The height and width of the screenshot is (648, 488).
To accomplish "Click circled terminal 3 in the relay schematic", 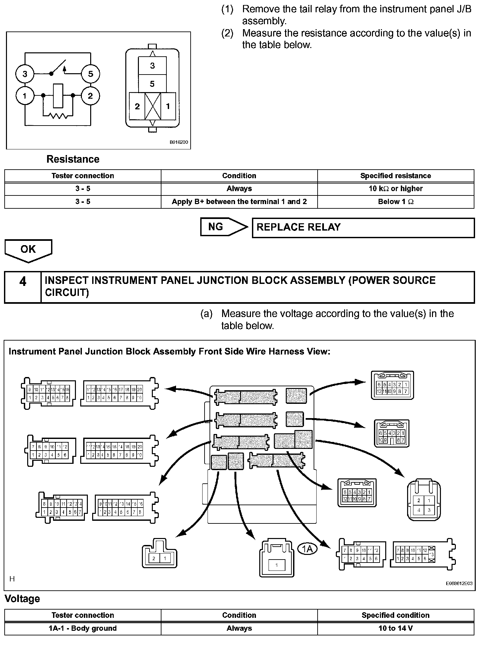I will [25, 74].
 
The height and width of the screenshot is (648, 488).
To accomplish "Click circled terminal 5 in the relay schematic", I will [91, 74].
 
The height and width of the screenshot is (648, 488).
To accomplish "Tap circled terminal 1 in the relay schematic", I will [25, 96].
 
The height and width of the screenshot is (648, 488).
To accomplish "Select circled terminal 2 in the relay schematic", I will [91, 96].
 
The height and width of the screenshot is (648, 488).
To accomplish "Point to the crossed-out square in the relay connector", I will [152, 106].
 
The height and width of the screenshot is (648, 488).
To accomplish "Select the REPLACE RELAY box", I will [363, 228].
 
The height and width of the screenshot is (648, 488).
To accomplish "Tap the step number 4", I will [23, 282].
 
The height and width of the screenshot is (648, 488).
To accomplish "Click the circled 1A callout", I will [307, 549].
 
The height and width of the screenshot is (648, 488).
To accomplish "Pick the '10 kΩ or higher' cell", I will [396, 189].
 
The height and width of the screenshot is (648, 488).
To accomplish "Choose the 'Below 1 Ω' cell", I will [396, 202].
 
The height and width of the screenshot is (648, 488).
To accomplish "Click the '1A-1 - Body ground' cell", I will [83, 628].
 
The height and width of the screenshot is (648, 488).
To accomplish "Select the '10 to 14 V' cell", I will [396, 628].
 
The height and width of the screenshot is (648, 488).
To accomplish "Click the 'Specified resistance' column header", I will [396, 176].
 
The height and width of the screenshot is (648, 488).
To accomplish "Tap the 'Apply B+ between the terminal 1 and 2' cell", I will [239, 202].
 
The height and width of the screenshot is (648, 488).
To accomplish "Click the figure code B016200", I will [179, 142].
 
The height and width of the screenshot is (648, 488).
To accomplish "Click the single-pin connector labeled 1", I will [276, 565].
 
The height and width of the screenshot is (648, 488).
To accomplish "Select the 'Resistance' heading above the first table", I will [73, 159].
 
